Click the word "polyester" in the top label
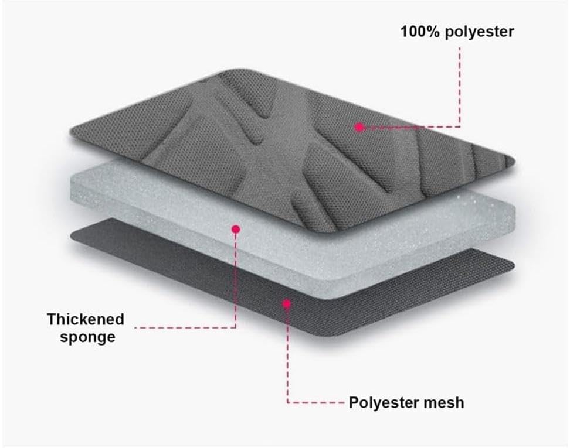480,33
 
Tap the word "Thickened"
86,320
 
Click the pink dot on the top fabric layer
359,127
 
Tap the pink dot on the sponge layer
236,229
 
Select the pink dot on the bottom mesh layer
287,303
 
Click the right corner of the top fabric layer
514,161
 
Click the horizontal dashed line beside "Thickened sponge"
185,327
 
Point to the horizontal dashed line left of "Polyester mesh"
315,402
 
